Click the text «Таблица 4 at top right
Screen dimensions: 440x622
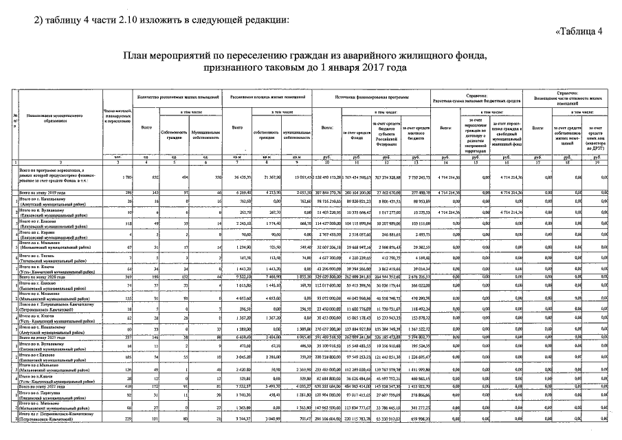point(579,32)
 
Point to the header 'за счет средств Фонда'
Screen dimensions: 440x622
point(353,128)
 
